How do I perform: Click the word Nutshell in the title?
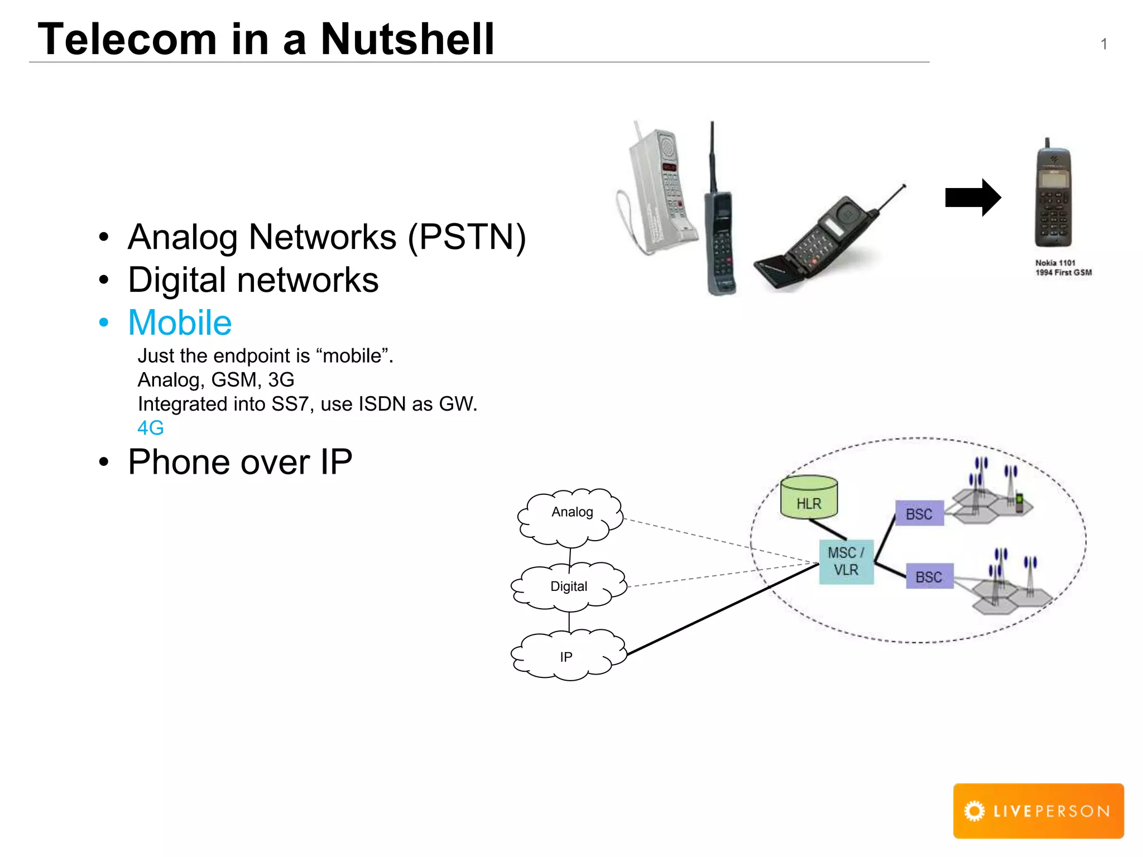coord(407,39)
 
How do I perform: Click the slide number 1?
coord(1103,44)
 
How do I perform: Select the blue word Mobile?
coord(180,322)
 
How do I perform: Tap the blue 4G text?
coord(150,428)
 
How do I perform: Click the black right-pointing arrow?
coord(972,198)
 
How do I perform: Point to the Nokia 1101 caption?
coord(1063,268)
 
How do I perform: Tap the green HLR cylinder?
coord(809,498)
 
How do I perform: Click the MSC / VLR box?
coord(846,561)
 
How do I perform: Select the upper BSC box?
coord(919,514)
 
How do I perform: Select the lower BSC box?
coord(929,577)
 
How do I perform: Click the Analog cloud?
coord(571,516)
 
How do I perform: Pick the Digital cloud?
coord(569,586)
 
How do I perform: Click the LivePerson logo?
coord(1038,811)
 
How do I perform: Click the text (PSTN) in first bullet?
coord(467,237)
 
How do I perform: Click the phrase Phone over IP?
coord(240,462)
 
